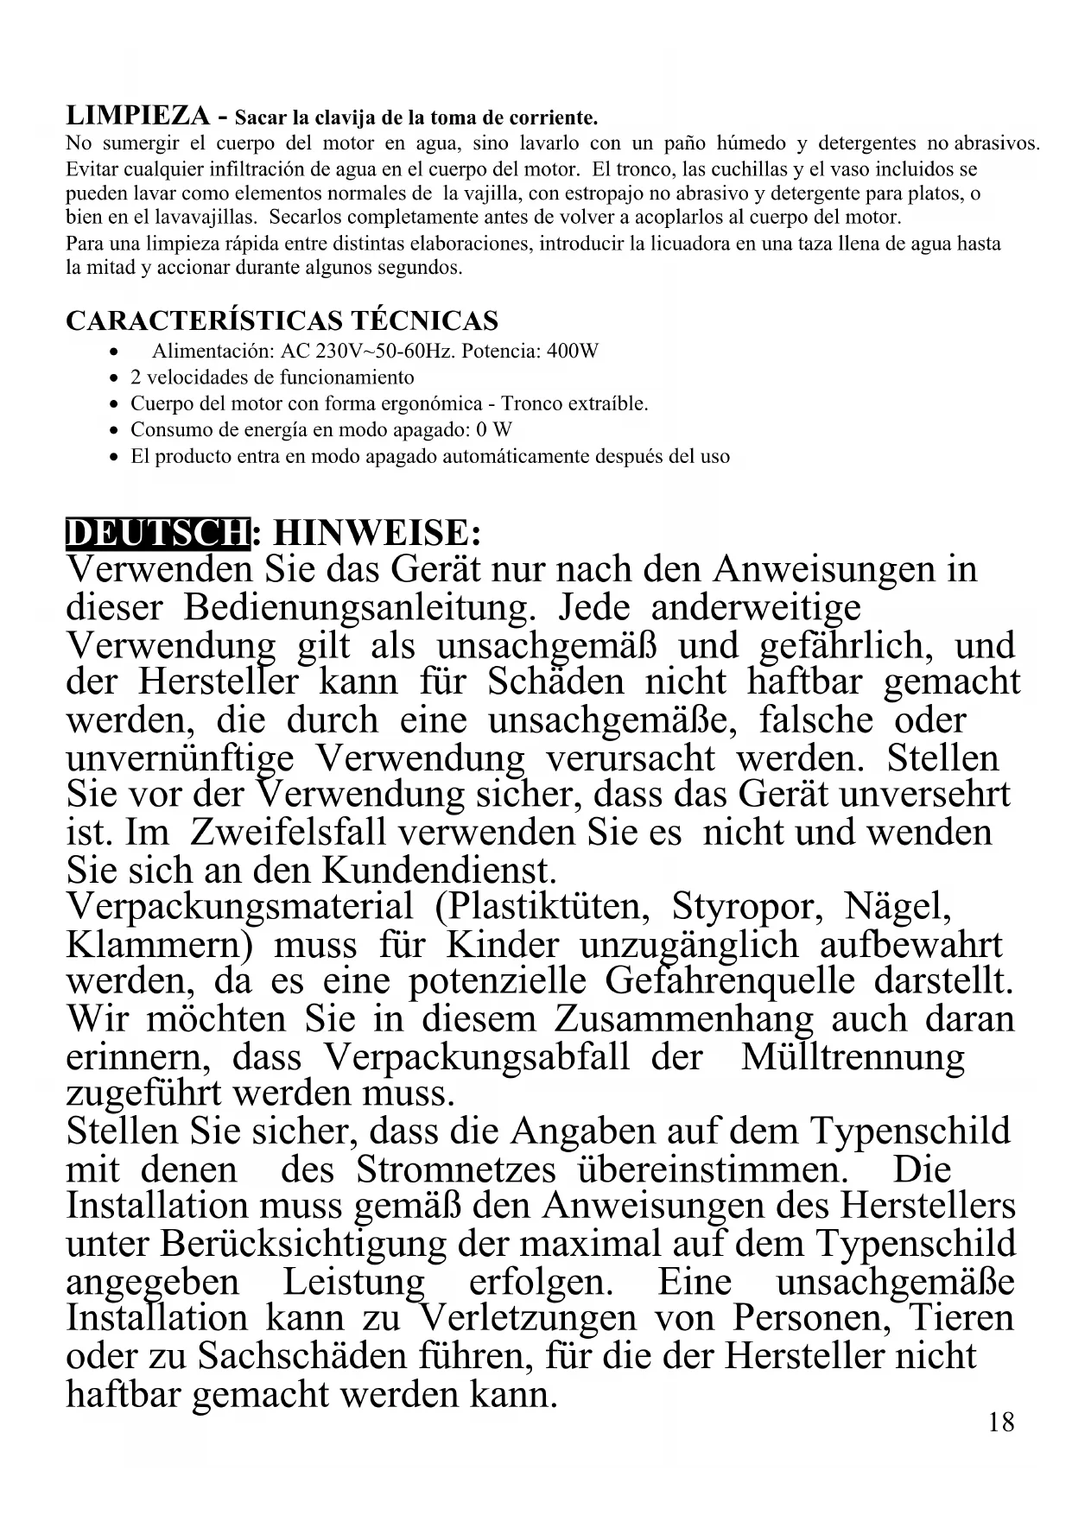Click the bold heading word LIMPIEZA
tap(137, 116)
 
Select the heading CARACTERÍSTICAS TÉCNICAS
tap(282, 321)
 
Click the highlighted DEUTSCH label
tap(157, 533)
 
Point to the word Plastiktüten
tap(543, 907)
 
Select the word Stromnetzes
tap(456, 1170)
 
